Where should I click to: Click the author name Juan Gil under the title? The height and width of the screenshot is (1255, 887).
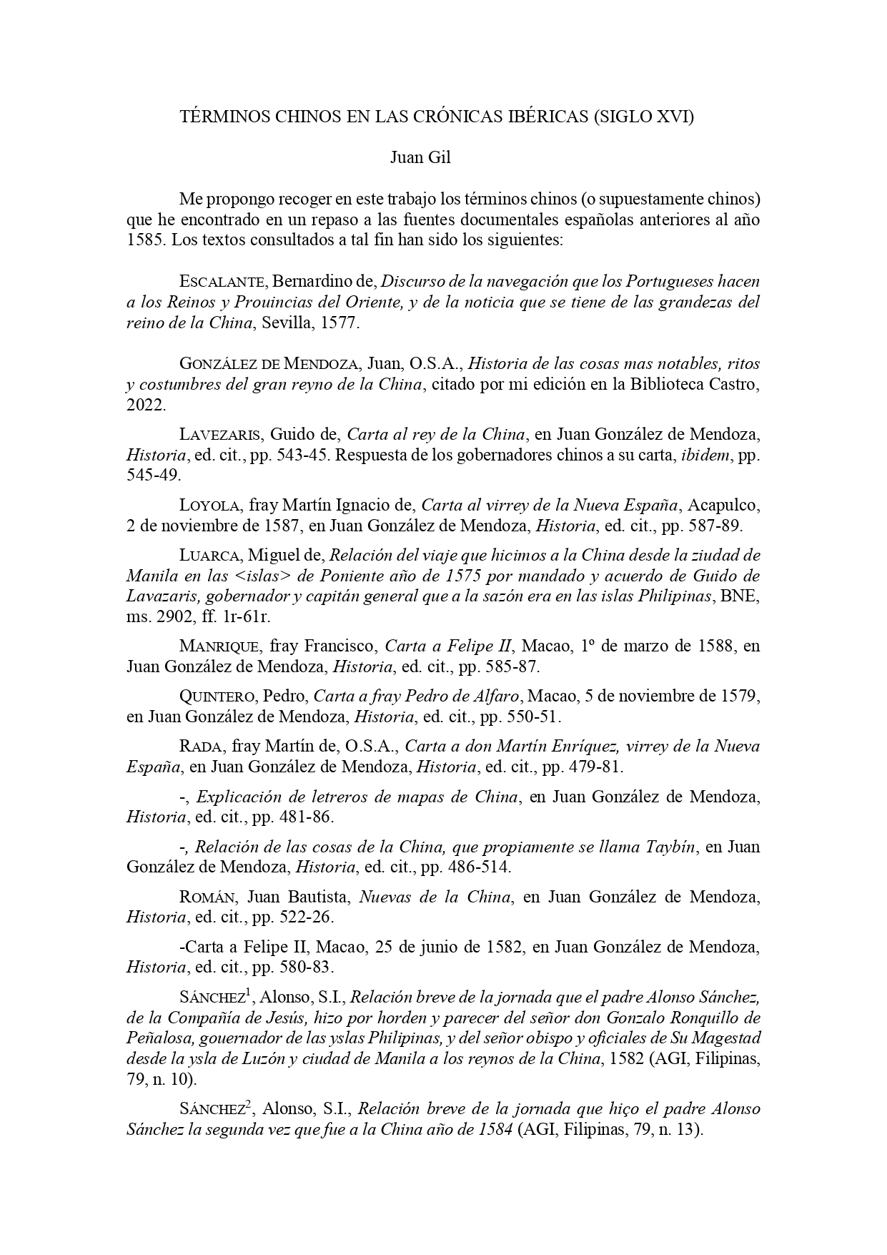click(x=420, y=158)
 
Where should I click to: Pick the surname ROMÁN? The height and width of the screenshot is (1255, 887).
click(x=209, y=897)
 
